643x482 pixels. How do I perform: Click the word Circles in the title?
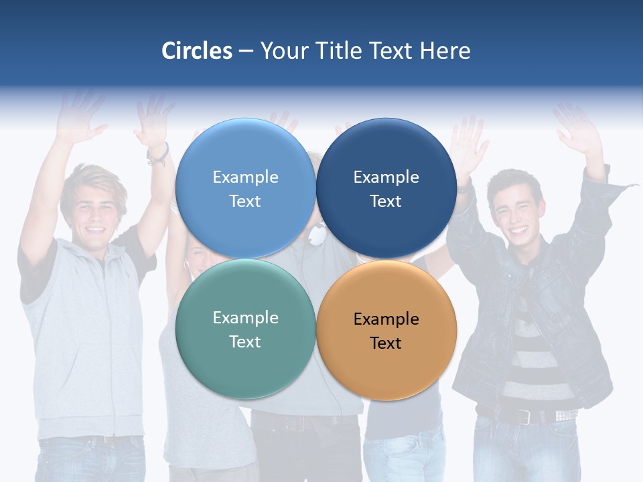tap(197, 51)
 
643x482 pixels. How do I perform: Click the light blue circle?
tap(245, 189)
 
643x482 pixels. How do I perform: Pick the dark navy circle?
tap(386, 189)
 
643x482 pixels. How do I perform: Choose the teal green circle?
tap(245, 329)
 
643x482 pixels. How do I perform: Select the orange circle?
tap(386, 331)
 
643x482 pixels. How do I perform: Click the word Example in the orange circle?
tap(386, 319)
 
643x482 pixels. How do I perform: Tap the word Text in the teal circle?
tap(245, 341)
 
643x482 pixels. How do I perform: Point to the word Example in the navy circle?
tap(386, 177)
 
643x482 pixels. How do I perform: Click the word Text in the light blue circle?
tap(245, 201)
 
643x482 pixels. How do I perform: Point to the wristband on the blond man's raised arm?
tap(159, 155)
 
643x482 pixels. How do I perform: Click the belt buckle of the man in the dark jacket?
tap(524, 416)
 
